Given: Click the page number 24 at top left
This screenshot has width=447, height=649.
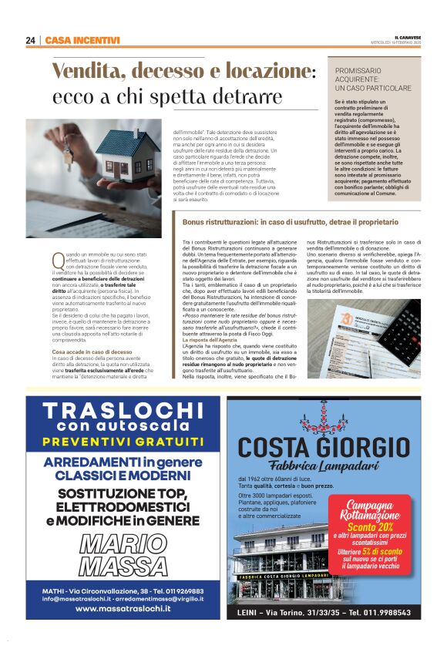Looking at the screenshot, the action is [x=31, y=40].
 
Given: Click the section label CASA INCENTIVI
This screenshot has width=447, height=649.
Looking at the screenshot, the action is [x=82, y=40].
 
